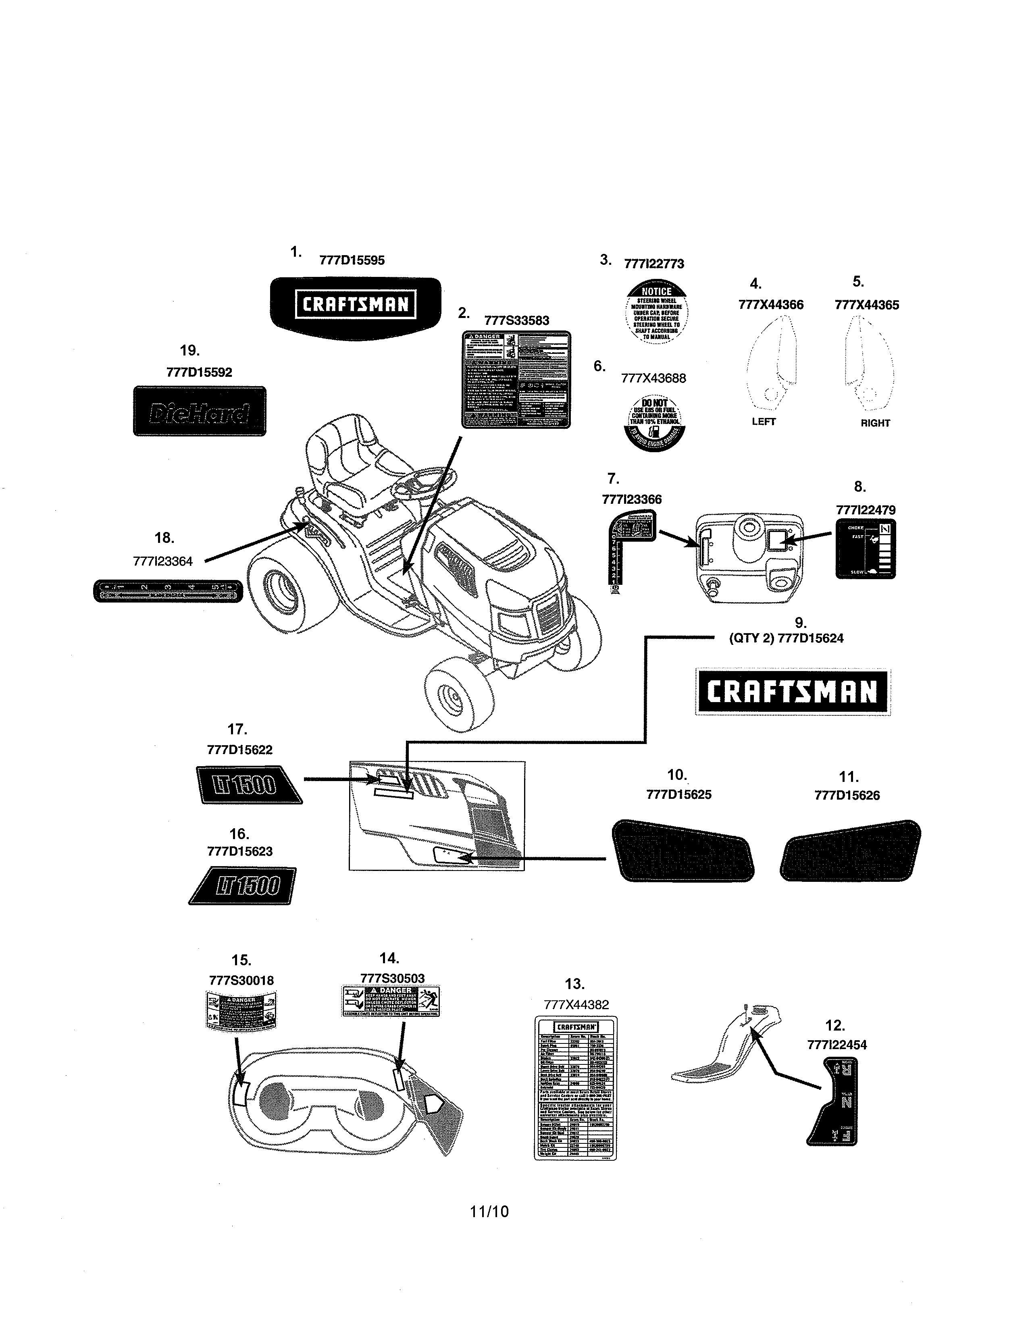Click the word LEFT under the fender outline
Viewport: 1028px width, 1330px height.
click(x=763, y=422)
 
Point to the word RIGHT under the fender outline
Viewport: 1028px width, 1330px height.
click(x=875, y=423)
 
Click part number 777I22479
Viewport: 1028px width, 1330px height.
click(x=866, y=510)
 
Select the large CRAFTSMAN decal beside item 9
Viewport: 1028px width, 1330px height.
click(x=792, y=692)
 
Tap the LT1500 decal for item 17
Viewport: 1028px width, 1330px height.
click(x=248, y=786)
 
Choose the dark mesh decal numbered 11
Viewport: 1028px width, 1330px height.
click(x=850, y=851)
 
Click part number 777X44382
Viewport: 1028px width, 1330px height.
click(x=576, y=1005)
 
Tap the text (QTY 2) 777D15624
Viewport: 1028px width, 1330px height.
click(x=786, y=638)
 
